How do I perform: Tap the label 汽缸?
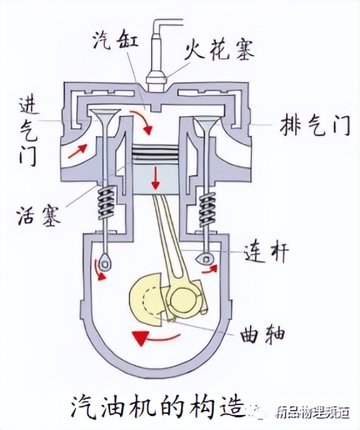pos(111,41)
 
